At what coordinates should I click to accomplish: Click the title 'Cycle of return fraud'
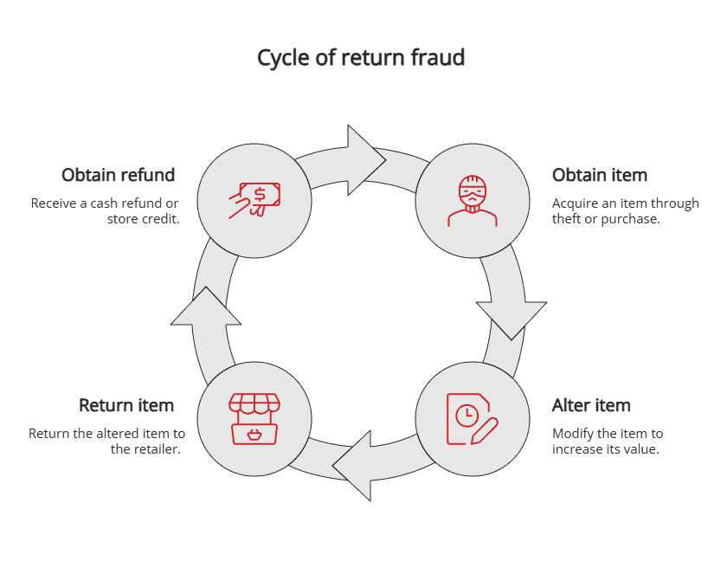[361, 58]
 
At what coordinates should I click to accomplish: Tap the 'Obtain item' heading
[599, 175]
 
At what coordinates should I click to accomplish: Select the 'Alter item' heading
[591, 405]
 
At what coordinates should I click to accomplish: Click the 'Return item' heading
[126, 405]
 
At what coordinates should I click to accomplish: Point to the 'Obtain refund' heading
[118, 175]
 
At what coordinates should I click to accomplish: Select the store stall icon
[254, 419]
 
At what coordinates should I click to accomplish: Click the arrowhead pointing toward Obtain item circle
[365, 160]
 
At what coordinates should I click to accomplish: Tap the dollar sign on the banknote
[259, 192]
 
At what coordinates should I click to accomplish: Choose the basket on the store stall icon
[254, 433]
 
